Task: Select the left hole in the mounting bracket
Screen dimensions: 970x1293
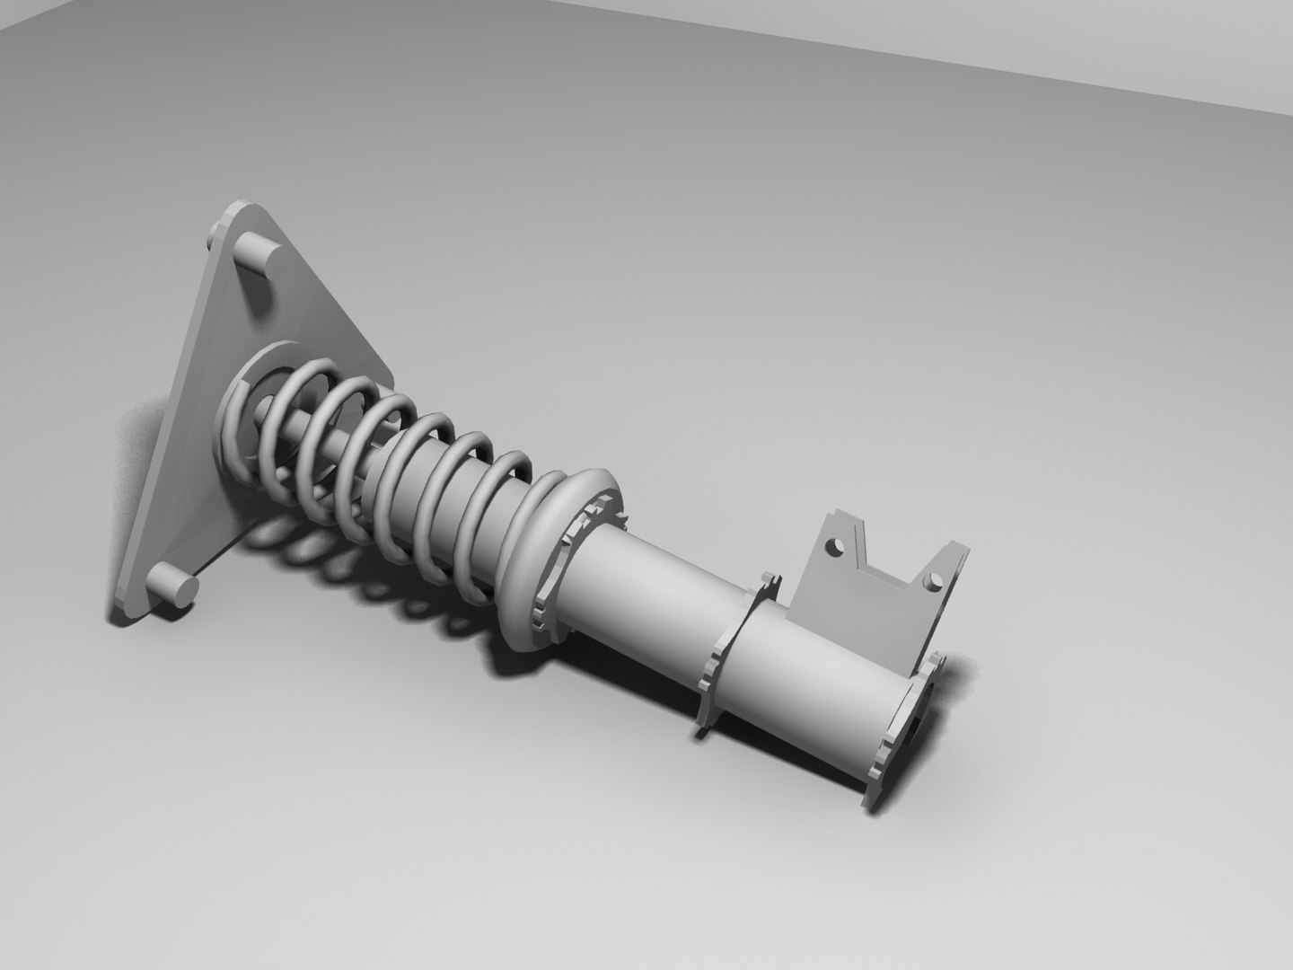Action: [x=835, y=545]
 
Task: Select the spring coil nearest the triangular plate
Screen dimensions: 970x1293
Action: [x=235, y=422]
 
